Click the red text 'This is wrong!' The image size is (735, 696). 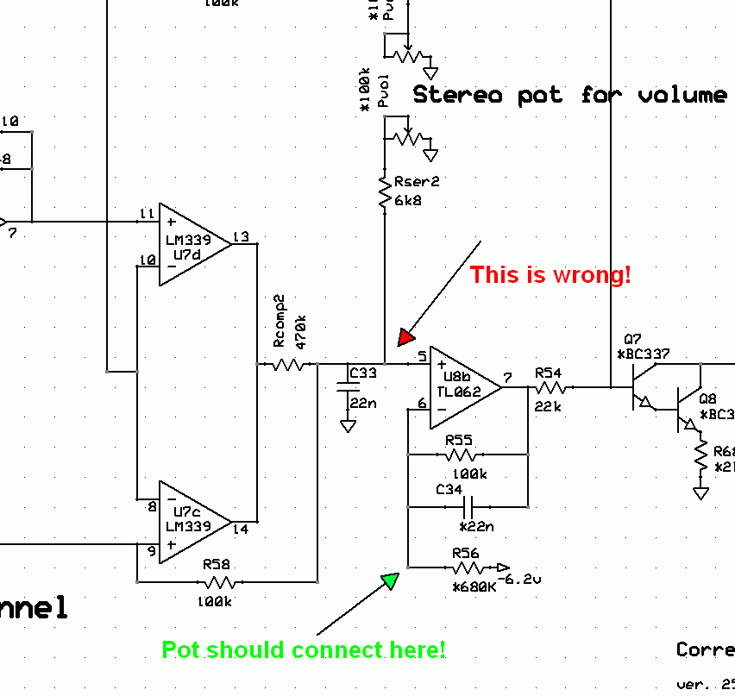(x=550, y=276)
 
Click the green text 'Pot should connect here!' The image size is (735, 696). (x=304, y=650)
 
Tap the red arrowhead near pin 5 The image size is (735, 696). (x=405, y=336)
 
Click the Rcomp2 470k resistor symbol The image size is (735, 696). (x=290, y=365)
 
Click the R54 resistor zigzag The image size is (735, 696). (x=548, y=387)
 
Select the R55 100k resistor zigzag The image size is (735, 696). (x=462, y=454)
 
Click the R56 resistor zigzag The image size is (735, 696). (x=467, y=567)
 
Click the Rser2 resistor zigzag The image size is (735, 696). (x=384, y=192)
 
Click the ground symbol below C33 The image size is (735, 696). (x=349, y=425)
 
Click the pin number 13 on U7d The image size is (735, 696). (x=241, y=237)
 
